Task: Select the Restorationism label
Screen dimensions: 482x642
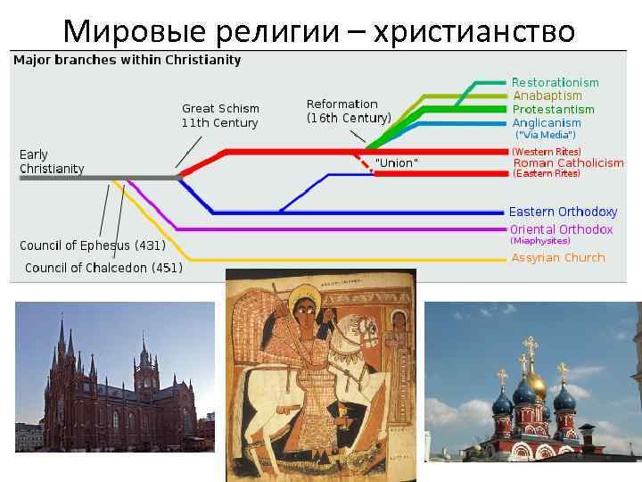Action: coord(555,82)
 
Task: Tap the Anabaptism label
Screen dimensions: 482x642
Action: coord(547,96)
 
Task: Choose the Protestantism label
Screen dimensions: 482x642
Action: coord(553,109)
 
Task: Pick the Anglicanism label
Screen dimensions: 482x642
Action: coord(547,122)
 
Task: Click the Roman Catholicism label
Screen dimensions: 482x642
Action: coord(568,162)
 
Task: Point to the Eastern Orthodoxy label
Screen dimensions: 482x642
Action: coord(563,212)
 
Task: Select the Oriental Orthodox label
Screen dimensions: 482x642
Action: coord(561,229)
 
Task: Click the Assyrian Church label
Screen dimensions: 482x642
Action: coord(558,257)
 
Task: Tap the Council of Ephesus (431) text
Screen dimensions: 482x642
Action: coord(93,245)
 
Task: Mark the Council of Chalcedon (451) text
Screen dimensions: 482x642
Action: coord(103,268)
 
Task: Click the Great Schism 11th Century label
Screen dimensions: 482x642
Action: coord(219,116)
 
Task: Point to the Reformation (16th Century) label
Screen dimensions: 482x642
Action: coord(349,111)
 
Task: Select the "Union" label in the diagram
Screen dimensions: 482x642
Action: coord(396,163)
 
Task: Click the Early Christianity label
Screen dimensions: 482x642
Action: coord(52,162)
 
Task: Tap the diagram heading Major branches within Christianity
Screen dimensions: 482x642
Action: coord(127,60)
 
